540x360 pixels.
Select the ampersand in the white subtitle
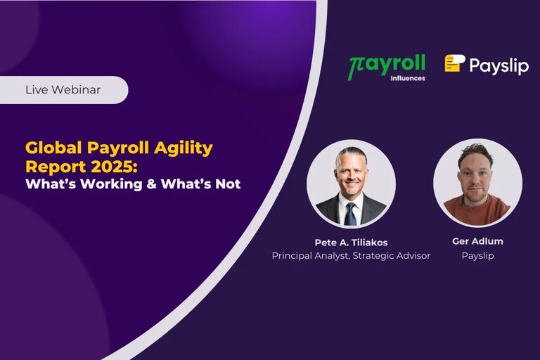[152, 185]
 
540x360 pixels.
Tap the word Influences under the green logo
[407, 78]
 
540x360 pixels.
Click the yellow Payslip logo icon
[454, 64]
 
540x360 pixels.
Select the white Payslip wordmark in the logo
[499, 65]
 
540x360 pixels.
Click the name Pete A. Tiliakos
[351, 243]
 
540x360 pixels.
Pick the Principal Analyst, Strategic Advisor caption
[351, 256]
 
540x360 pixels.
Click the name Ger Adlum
[477, 241]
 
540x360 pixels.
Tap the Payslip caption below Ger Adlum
[477, 256]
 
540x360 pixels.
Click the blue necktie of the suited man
[350, 214]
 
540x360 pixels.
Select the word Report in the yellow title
[49, 167]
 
